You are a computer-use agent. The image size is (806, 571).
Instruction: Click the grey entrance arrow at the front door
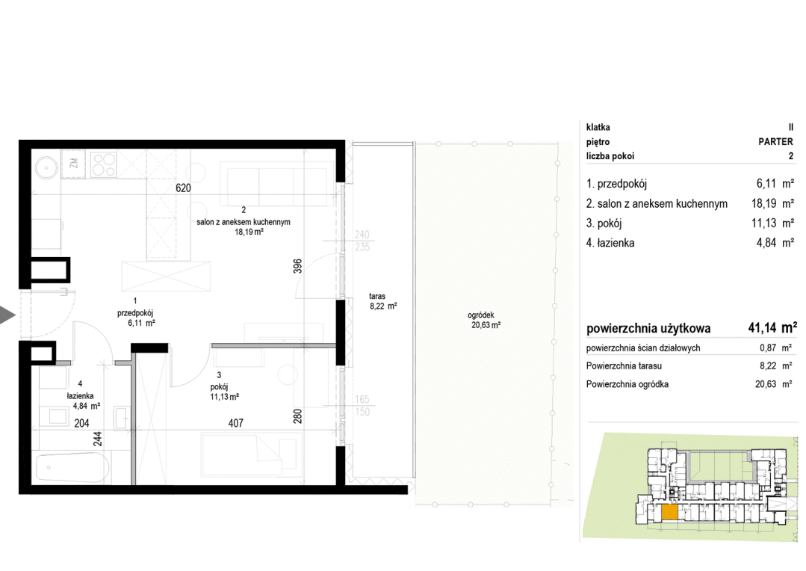click(7, 315)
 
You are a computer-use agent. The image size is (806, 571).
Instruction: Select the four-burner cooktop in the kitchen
click(103, 164)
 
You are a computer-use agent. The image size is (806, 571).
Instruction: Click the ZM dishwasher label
click(73, 163)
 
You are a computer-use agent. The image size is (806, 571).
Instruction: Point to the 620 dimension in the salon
click(183, 188)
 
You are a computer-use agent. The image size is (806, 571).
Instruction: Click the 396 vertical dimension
click(297, 267)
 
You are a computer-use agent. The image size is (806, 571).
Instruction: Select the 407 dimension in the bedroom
click(235, 423)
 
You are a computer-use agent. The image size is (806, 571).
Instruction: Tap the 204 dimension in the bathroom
click(81, 423)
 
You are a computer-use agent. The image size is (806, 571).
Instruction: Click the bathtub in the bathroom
click(72, 468)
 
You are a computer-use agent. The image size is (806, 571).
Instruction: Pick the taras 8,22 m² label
click(383, 301)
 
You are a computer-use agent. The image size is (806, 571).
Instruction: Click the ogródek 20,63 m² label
click(483, 320)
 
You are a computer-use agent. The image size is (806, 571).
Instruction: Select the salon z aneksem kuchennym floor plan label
click(243, 222)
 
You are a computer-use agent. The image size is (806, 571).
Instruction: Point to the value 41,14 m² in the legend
click(772, 327)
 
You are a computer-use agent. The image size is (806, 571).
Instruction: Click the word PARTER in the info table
click(775, 141)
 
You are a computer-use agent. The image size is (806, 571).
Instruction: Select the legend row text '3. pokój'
click(604, 223)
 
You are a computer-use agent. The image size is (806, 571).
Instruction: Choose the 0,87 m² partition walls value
click(775, 348)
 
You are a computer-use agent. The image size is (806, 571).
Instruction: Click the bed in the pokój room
click(251, 454)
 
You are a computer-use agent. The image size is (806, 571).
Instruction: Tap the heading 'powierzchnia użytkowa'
click(648, 329)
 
